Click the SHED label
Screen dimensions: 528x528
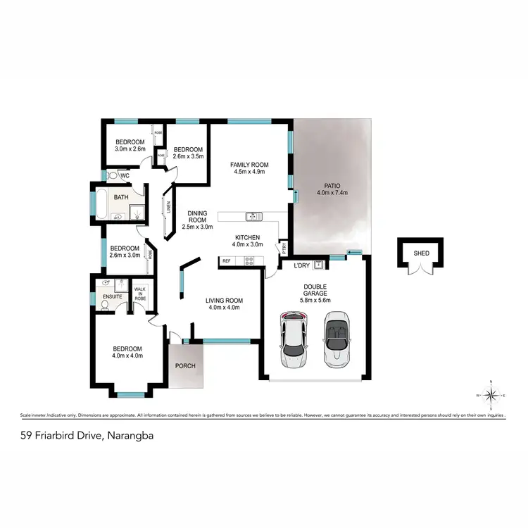coord(422,253)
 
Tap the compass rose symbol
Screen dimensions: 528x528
coord(492,396)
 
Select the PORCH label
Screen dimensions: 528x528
coord(185,365)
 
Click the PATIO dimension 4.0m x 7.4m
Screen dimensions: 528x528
coord(332,193)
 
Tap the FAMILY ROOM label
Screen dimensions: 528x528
coord(250,165)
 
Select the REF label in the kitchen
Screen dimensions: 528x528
coord(227,261)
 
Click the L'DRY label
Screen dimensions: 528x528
coord(302,265)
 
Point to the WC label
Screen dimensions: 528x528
coord(124,176)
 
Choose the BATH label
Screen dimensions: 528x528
coord(121,198)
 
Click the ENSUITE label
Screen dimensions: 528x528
coord(113,298)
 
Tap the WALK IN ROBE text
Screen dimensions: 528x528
coord(141,294)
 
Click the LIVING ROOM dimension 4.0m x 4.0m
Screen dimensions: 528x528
coord(223,308)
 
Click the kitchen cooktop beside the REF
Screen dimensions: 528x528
coord(249,261)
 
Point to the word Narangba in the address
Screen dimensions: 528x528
coord(130,436)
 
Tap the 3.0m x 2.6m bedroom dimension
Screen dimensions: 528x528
coord(130,149)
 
